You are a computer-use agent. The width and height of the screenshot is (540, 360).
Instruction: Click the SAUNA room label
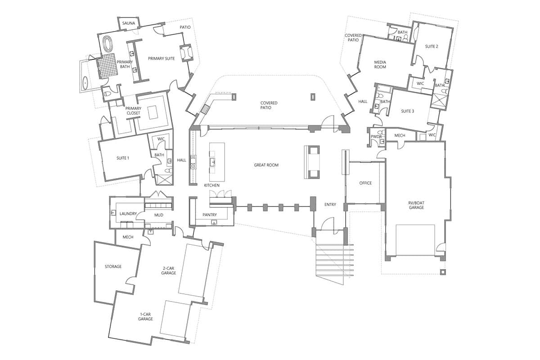pos(129,23)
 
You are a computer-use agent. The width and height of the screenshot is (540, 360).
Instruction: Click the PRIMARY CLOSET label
pos(133,111)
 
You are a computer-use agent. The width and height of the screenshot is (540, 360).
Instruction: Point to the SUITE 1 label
pos(123,158)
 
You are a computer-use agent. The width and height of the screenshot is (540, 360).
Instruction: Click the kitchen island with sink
pos(216,160)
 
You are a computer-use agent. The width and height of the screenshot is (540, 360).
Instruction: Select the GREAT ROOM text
pos(266,165)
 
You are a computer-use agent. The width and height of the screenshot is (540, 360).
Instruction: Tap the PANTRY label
pos(210,215)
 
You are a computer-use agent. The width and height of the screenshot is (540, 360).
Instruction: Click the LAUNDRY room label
pos(128,214)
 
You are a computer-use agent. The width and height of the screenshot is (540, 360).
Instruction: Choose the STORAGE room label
pos(113,266)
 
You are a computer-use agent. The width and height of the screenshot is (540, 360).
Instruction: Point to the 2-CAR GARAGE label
pos(169,270)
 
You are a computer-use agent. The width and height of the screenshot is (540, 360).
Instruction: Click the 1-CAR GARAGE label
pos(145,316)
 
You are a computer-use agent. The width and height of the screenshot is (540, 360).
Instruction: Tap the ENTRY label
pos(330,205)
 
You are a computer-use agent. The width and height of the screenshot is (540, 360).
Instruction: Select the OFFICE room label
pos(365,183)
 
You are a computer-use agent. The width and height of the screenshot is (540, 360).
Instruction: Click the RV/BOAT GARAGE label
pos(416,205)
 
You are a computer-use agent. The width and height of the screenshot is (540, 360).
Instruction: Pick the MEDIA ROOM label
pos(380,64)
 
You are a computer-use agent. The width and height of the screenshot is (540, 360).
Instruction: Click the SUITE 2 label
pos(432,46)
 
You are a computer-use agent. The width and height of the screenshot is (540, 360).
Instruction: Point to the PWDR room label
pos(376,136)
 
